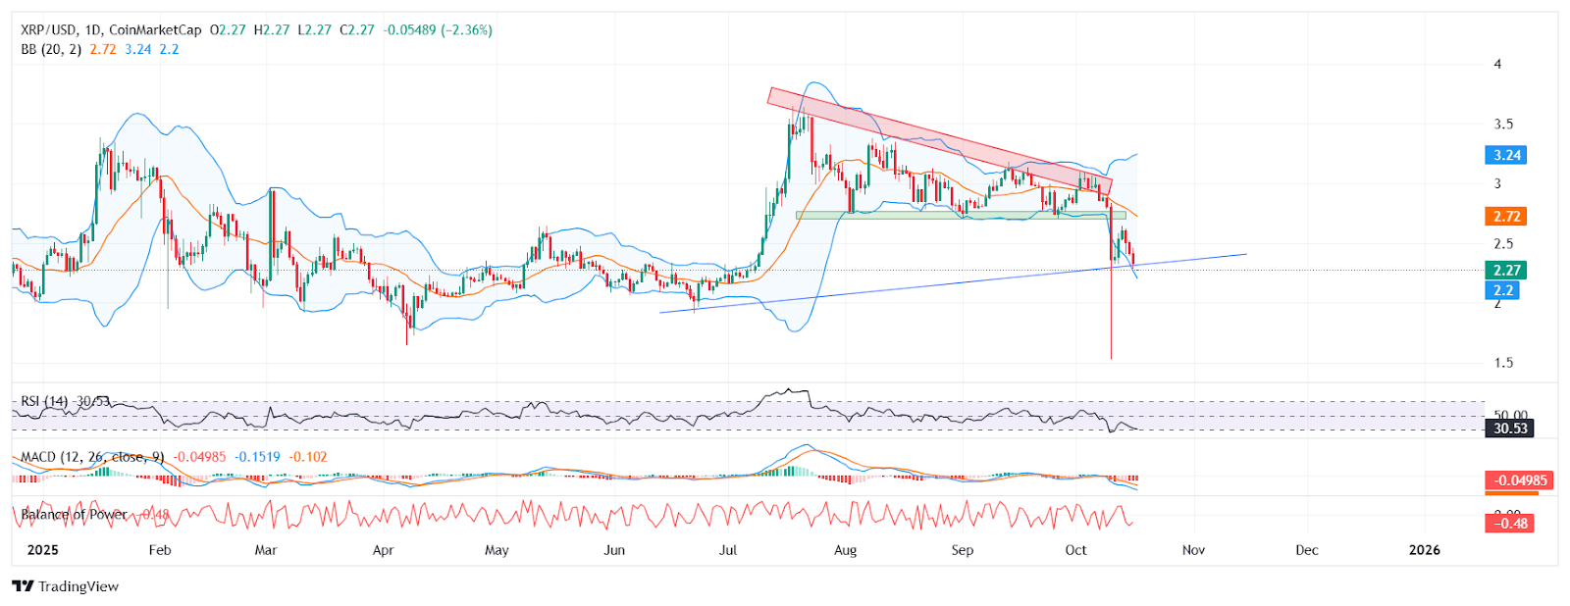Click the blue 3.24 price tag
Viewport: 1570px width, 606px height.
point(1506,155)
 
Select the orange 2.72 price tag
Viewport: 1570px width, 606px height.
point(1506,217)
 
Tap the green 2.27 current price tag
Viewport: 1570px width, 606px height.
point(1506,271)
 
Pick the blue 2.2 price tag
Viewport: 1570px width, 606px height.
point(1503,290)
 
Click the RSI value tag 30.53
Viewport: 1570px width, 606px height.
point(1510,429)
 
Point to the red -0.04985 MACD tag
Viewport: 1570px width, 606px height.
point(1519,480)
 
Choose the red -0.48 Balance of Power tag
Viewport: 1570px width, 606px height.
point(1510,524)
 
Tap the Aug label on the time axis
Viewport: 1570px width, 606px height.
point(845,550)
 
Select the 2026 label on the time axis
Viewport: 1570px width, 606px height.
point(1424,550)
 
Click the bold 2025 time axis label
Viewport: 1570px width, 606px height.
point(42,550)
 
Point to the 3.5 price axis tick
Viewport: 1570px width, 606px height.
point(1503,125)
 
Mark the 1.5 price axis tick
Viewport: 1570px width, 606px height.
point(1503,363)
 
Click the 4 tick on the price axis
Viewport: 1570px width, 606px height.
point(1497,65)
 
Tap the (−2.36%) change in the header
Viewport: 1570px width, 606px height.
point(466,30)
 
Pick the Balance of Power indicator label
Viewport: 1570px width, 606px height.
point(75,514)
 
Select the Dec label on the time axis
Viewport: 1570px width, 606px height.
point(1306,550)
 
